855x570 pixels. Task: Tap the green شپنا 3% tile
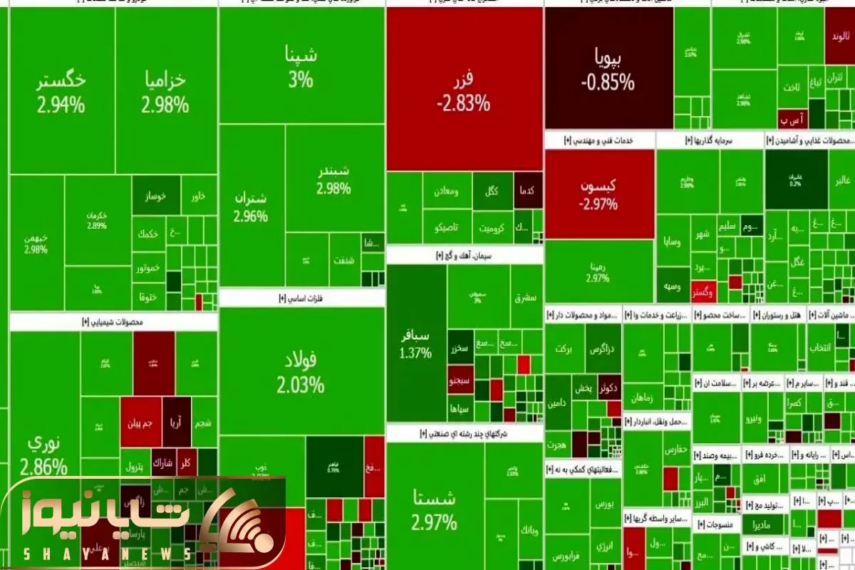tap(301, 66)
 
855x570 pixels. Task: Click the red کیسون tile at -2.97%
tap(598, 194)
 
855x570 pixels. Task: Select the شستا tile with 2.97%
tap(433, 509)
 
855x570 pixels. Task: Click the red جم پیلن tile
tap(140, 422)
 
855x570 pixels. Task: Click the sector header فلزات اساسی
tap(301, 298)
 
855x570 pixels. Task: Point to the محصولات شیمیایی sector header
tap(114, 322)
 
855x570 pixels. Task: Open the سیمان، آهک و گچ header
tap(464, 254)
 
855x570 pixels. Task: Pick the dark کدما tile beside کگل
tap(528, 191)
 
